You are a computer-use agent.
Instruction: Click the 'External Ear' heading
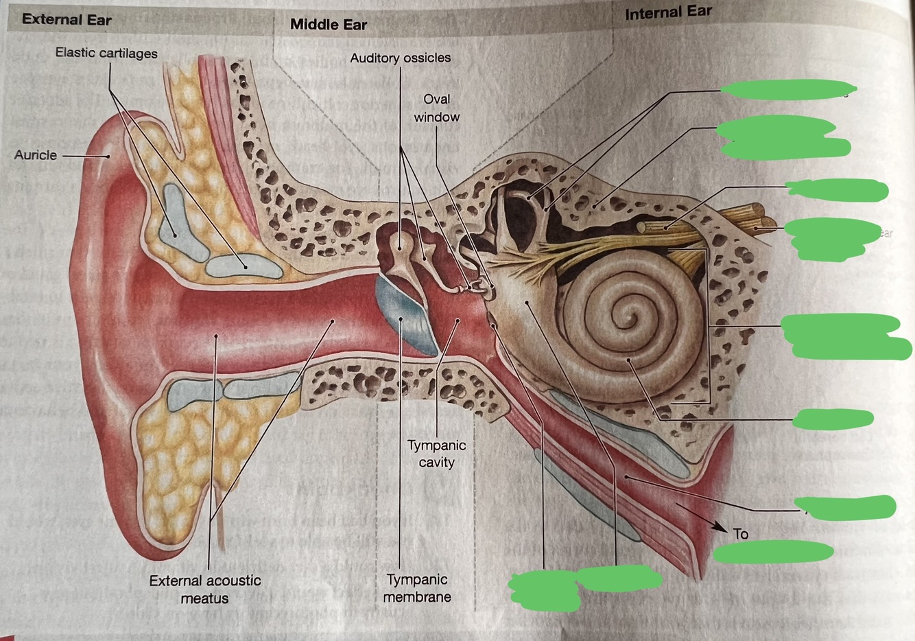click(x=67, y=19)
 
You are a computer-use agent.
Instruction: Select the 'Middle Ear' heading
click(x=328, y=25)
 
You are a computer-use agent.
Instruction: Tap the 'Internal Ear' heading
click(x=668, y=12)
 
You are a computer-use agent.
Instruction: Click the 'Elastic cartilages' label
click(x=106, y=54)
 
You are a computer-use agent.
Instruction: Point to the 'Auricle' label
click(x=36, y=155)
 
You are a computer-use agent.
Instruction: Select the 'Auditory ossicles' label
click(x=401, y=58)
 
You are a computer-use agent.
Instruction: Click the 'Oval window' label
click(x=437, y=108)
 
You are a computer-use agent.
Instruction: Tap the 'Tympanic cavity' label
click(x=437, y=454)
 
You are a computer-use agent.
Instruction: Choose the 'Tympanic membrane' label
click(x=417, y=588)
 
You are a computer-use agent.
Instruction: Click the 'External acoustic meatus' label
click(x=205, y=589)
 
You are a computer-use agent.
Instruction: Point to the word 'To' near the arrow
click(x=740, y=534)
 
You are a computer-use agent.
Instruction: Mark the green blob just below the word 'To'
click(x=773, y=551)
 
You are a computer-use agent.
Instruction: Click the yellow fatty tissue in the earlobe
click(x=171, y=467)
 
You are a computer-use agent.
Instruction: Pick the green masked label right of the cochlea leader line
click(x=833, y=418)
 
